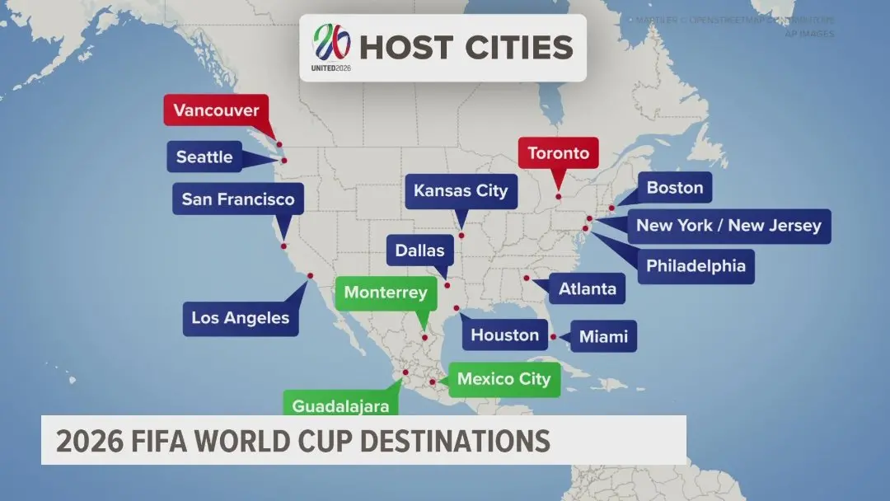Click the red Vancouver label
[216, 110]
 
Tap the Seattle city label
[204, 157]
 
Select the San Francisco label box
[237, 199]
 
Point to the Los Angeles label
[241, 318]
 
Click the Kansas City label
[461, 191]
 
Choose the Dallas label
[419, 250]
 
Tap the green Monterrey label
[386, 293]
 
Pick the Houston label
[505, 335]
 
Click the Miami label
[603, 336]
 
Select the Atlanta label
[587, 288]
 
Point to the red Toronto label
[559, 153]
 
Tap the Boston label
[675, 188]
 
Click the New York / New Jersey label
[728, 226]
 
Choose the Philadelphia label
[696, 266]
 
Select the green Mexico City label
[503, 379]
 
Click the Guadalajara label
[340, 405]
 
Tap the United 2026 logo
[330, 46]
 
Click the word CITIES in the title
[518, 47]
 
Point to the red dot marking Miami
[554, 337]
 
